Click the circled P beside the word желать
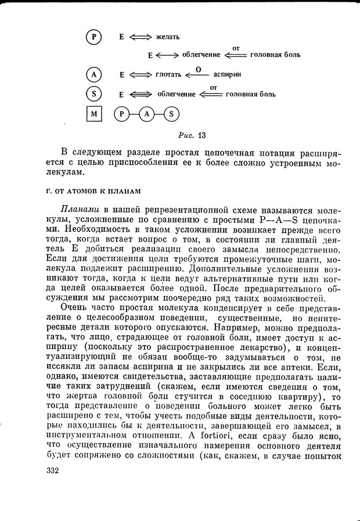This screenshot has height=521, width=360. tap(93, 37)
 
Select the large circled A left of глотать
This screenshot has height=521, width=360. tap(93, 75)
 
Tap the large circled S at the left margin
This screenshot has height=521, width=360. tap(93, 94)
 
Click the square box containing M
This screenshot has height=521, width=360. tap(93, 114)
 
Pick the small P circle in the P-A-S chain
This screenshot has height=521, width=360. tap(122, 114)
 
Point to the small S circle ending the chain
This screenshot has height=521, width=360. tap(171, 114)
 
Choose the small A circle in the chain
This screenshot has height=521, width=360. tap(146, 114)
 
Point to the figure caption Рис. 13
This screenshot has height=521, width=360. tap(192, 136)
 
